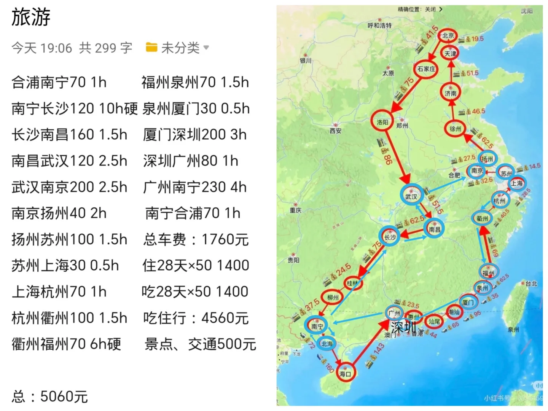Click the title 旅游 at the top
[31, 18]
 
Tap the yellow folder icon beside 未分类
[151, 48]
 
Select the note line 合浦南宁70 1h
[59, 82]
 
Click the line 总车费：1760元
[196, 239]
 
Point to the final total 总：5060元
[50, 397]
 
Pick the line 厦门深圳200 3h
[195, 135]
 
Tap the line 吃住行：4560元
[196, 318]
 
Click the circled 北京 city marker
[448, 36]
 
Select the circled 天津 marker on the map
[450, 54]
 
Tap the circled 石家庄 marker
[426, 69]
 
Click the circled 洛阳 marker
[382, 122]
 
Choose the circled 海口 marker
[345, 373]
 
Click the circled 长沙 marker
[390, 237]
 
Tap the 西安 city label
[336, 131]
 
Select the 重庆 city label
[295, 210]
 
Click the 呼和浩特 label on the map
[379, 25]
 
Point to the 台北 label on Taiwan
[531, 284]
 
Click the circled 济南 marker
[451, 93]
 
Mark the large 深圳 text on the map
[403, 327]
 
